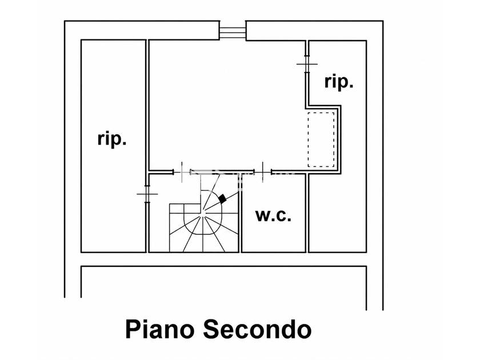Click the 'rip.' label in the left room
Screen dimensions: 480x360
(x=112, y=139)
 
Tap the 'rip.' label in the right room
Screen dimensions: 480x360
(x=339, y=82)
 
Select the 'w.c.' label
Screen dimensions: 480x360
(x=273, y=215)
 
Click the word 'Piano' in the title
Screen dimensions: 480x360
(x=160, y=329)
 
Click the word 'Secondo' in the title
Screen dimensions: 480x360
(x=258, y=329)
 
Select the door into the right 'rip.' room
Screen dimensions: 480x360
(x=307, y=64)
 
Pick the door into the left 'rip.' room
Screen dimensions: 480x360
(x=147, y=194)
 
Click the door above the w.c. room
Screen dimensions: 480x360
(x=263, y=172)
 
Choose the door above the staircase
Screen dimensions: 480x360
(x=182, y=172)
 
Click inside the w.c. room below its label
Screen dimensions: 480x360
(x=273, y=237)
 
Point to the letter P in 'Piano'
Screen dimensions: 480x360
(x=132, y=329)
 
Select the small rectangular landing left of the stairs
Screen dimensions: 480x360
(x=177, y=209)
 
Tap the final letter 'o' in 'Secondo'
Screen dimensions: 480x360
(x=304, y=331)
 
